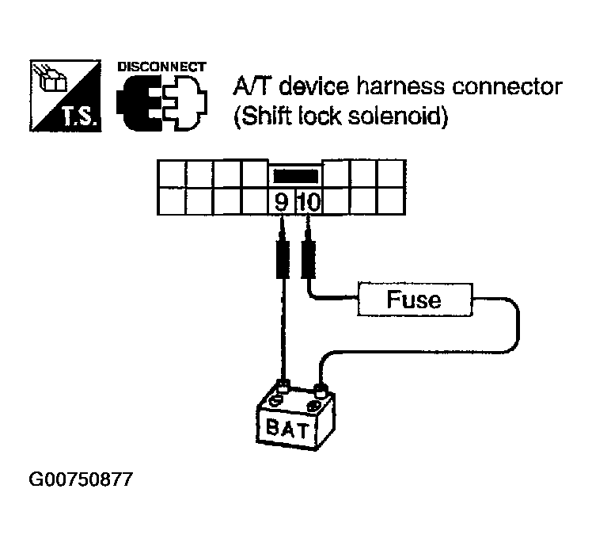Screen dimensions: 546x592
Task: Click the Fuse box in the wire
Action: [x=414, y=300]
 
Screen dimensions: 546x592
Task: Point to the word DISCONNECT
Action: [x=161, y=67]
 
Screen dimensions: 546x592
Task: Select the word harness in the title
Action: [x=377, y=86]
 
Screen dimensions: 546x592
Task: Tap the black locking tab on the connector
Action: [x=294, y=174]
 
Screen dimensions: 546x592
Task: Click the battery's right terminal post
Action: [x=320, y=389]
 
